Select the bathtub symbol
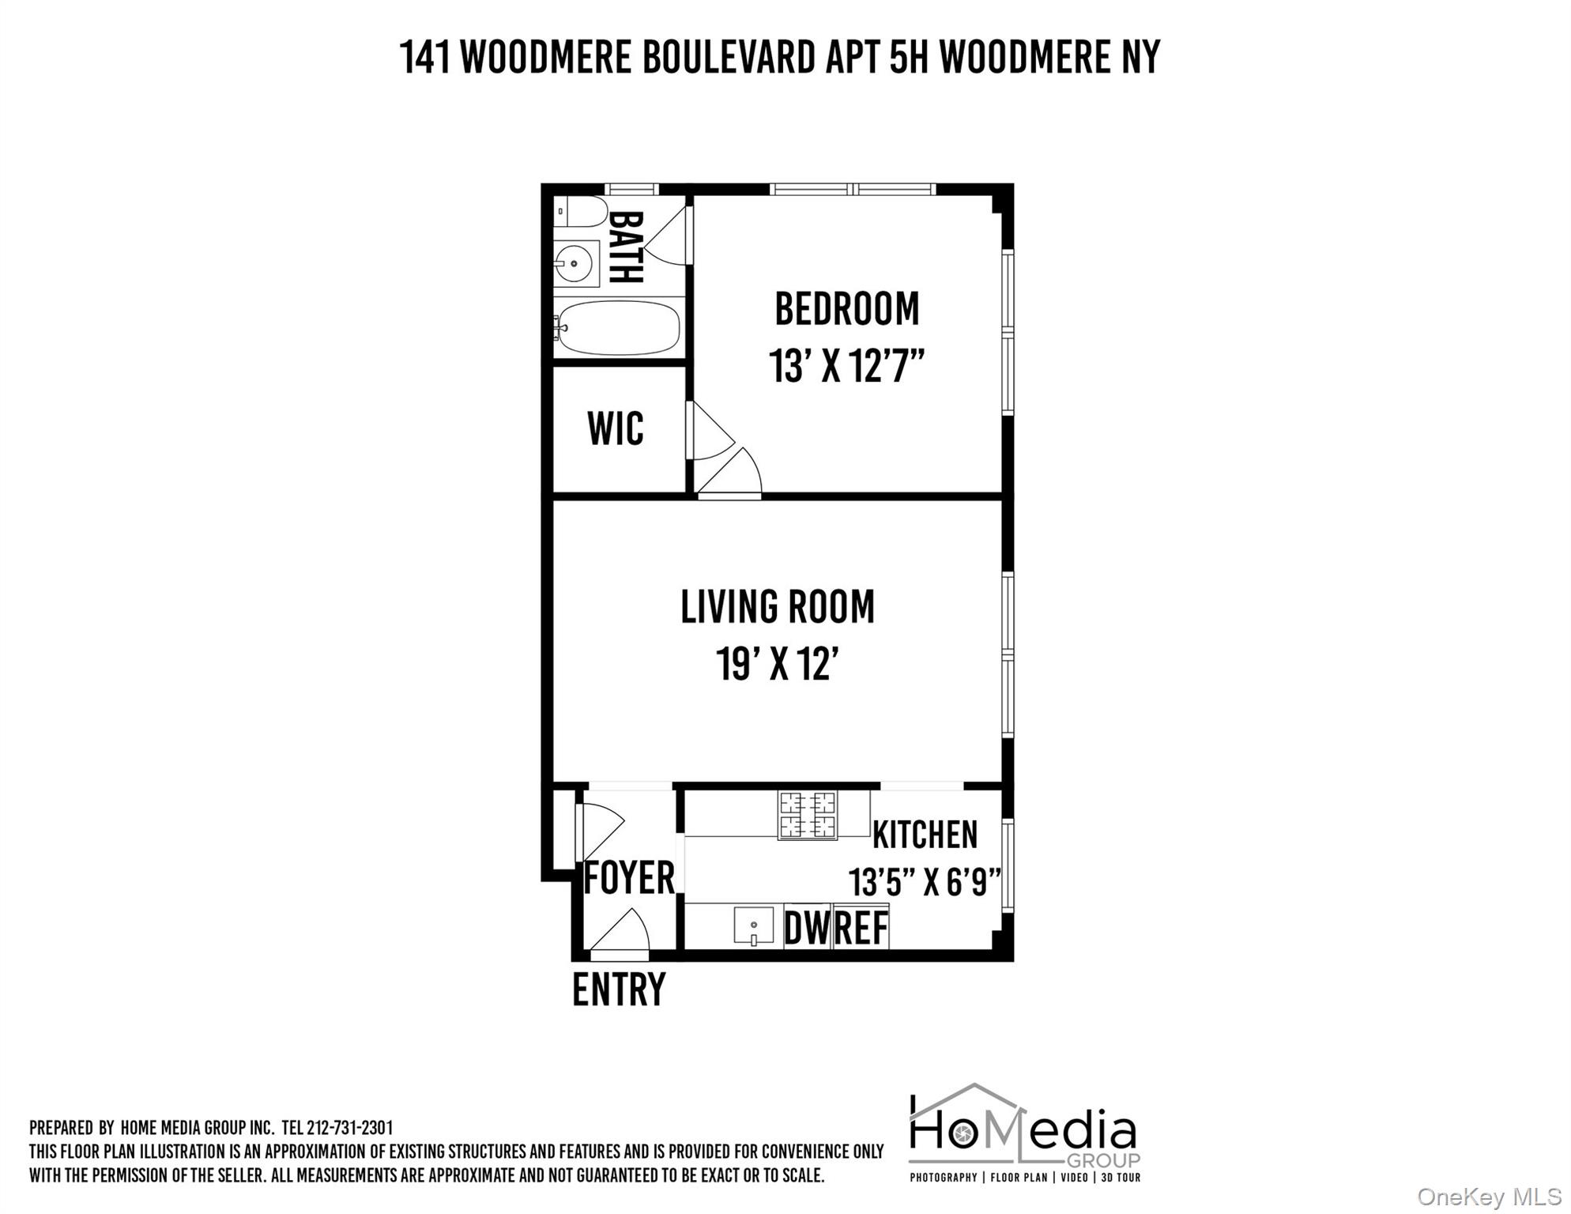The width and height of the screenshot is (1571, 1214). pos(618,327)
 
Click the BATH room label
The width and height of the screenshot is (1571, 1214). pos(625,247)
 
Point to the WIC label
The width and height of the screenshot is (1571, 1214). pos(616,429)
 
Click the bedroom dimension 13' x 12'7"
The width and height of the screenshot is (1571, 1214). pos(846,366)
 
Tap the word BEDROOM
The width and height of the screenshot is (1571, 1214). pos(846,309)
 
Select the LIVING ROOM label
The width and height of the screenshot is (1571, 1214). pos(778,607)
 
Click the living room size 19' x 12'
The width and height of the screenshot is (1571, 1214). pos(777,664)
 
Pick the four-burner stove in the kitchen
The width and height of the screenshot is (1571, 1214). pos(808,815)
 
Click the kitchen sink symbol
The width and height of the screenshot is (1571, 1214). pos(753,926)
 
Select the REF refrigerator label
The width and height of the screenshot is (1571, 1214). pos(861,928)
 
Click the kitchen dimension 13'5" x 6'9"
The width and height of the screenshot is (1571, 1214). pos(925,882)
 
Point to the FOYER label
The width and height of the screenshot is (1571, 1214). pos(629,878)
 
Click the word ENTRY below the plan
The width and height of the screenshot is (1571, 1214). pos(619,990)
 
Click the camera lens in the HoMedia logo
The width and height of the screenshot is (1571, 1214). pos(963,1135)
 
